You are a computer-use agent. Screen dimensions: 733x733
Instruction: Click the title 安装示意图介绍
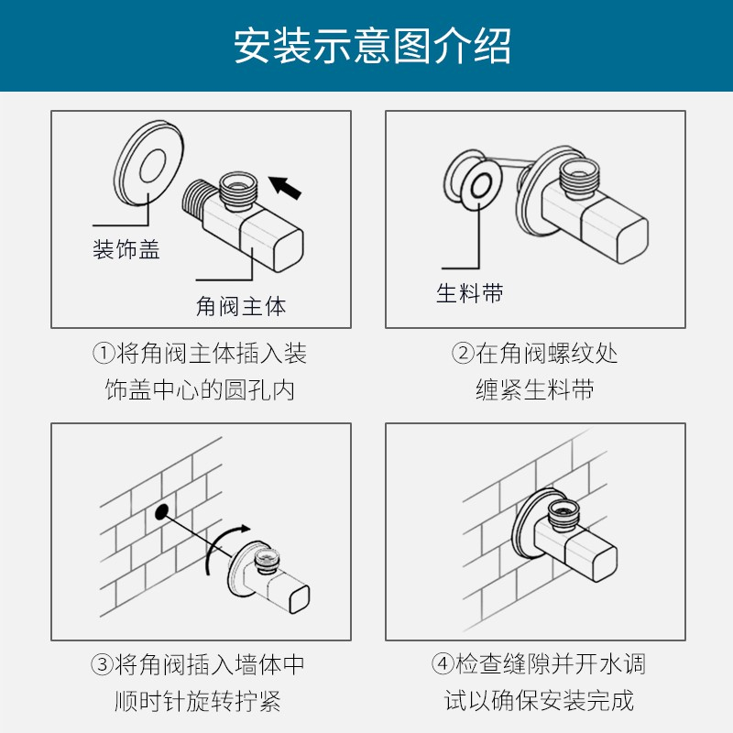(372, 46)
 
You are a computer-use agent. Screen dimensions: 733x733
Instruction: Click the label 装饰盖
(126, 249)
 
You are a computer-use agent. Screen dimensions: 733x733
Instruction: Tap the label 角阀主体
(241, 307)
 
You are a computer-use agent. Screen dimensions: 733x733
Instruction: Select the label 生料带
(470, 293)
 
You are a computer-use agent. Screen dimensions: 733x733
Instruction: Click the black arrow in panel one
(285, 187)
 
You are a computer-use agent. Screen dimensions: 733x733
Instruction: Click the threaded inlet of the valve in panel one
(194, 200)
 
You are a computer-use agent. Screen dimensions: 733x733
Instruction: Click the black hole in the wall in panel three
(161, 512)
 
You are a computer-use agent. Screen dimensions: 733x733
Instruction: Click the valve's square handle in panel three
(290, 595)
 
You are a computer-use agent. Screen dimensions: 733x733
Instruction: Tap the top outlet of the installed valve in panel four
(564, 513)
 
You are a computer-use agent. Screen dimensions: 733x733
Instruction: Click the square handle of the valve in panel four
(591, 558)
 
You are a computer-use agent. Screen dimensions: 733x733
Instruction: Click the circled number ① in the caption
(104, 353)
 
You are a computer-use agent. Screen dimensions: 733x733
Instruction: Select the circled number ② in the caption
(463, 353)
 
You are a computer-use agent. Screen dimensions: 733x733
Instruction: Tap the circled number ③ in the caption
(103, 664)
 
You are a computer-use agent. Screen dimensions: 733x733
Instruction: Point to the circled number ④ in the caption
(443, 663)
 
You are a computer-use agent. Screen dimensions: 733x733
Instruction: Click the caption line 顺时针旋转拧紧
(197, 701)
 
